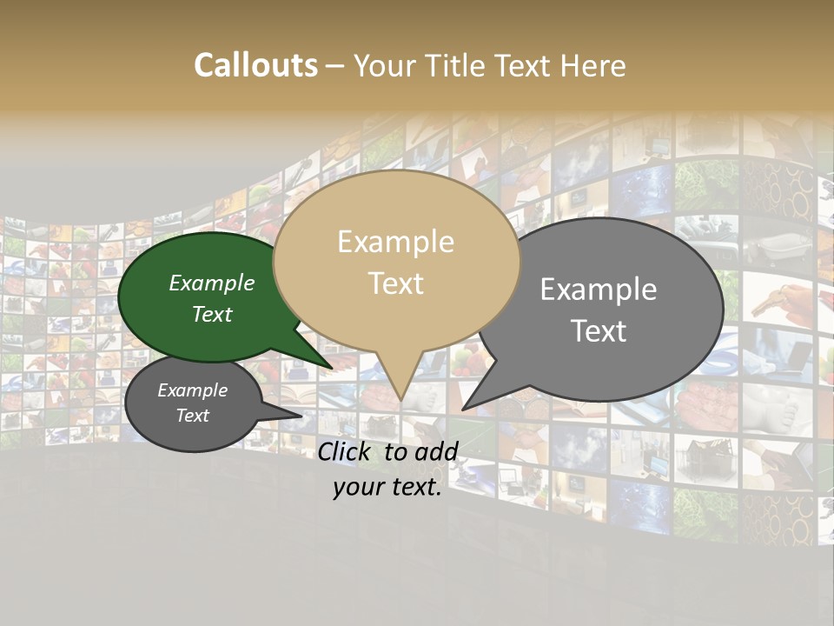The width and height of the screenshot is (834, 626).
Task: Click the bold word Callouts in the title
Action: pyautogui.click(x=255, y=66)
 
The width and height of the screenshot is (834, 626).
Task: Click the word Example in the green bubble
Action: pyautogui.click(x=212, y=283)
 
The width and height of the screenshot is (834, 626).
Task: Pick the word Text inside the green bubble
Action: pyautogui.click(x=212, y=314)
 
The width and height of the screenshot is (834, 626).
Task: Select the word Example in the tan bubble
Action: pyautogui.click(x=395, y=242)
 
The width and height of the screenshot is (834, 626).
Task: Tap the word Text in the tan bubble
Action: pyautogui.click(x=395, y=283)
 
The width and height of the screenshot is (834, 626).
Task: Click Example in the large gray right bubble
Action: pyautogui.click(x=599, y=290)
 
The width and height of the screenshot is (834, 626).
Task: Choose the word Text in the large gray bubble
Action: pyautogui.click(x=599, y=330)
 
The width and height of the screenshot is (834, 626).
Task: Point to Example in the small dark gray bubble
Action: pyautogui.click(x=192, y=390)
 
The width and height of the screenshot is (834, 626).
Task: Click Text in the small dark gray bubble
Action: pyautogui.click(x=192, y=416)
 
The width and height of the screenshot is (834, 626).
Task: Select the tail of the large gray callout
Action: pyautogui.click(x=469, y=404)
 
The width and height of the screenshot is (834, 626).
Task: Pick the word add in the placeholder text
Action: pyautogui.click(x=436, y=451)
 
